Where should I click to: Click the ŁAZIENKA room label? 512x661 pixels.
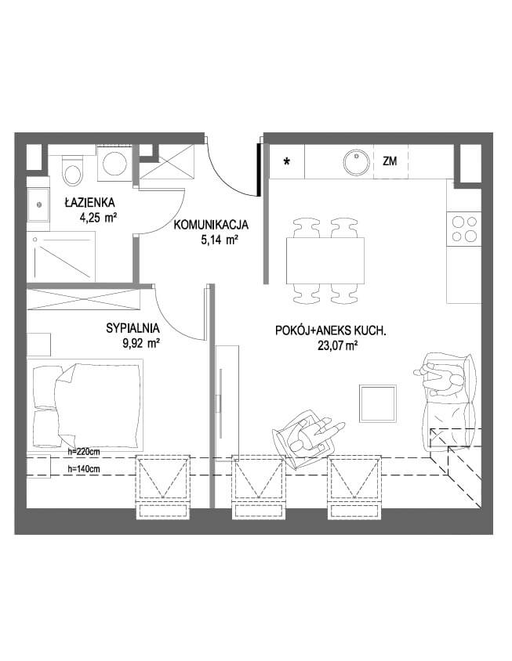tap(89, 202)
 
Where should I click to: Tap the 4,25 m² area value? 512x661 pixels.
tap(97, 219)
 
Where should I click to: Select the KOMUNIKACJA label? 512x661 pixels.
tap(212, 225)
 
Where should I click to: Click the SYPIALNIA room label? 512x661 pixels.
tap(133, 328)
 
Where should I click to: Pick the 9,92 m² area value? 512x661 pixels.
tap(140, 344)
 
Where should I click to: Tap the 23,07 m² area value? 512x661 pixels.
tap(338, 346)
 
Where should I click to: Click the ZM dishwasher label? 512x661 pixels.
tap(390, 161)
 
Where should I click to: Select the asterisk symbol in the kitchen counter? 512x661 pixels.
tap(287, 161)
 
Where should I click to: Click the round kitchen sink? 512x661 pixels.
tap(357, 162)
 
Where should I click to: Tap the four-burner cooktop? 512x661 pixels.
tap(464, 228)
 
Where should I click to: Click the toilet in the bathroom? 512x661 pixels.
tap(73, 170)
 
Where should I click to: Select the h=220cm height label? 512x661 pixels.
tap(84, 452)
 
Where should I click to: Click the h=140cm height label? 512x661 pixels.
tap(84, 468)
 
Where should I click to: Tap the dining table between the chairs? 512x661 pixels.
tap(325, 261)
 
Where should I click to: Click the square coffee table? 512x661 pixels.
tap(378, 403)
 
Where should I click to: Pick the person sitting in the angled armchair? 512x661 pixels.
tap(313, 435)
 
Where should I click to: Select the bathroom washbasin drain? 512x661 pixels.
tap(39, 204)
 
